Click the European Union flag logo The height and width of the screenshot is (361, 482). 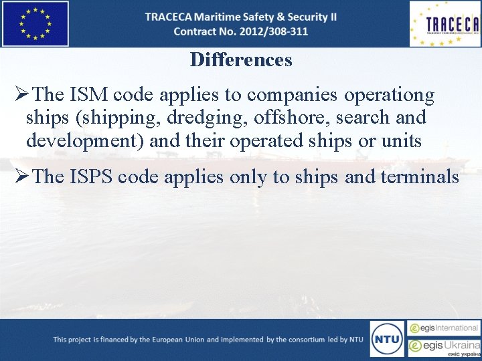(x=35, y=23)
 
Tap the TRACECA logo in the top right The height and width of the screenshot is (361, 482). (x=445, y=24)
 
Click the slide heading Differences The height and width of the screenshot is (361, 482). (x=241, y=59)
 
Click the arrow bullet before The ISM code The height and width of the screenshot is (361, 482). (x=19, y=96)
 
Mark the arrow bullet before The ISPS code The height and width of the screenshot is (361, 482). (x=19, y=177)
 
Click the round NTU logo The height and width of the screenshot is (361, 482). (x=387, y=339)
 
